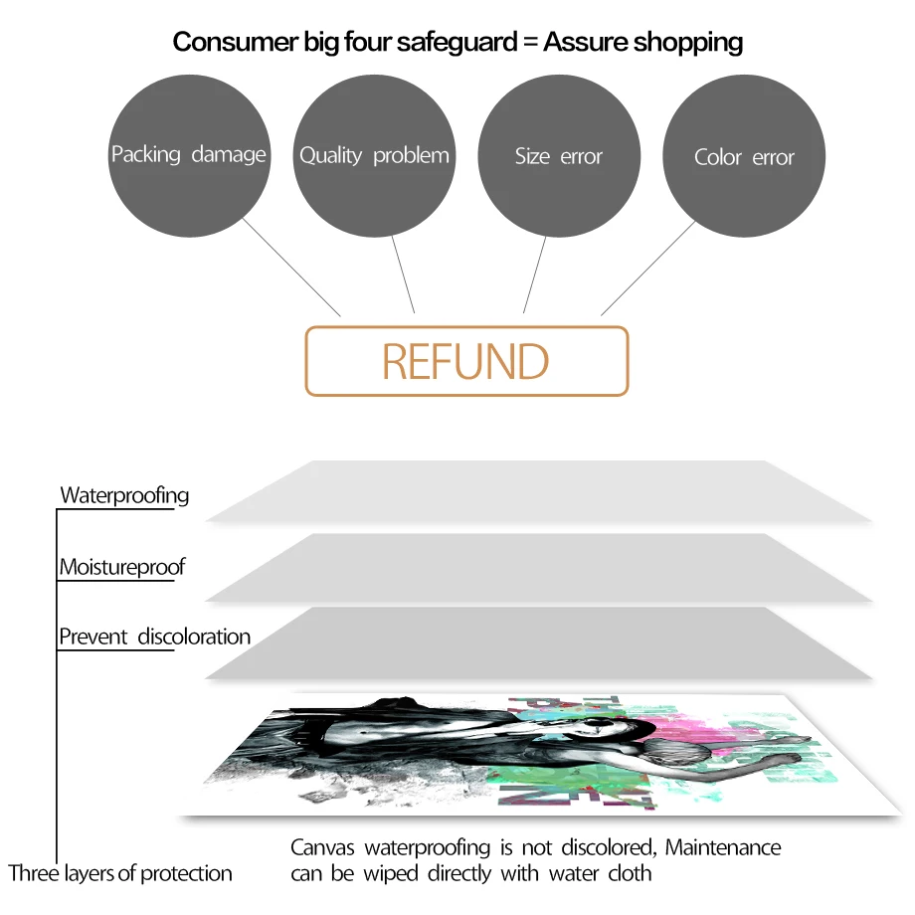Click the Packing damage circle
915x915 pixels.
pos(189,156)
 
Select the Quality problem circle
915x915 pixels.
pos(374,156)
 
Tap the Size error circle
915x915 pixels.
pos(559,156)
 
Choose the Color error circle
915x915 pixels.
pos(744,156)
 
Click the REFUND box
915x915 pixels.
pos(466,361)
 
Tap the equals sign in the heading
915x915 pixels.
pos(530,43)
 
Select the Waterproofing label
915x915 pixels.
pos(125,495)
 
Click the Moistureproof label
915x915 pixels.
pos(122,567)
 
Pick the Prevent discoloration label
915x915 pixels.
pos(154,637)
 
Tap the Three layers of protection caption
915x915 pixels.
pos(120,873)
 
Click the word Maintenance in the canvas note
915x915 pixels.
pos(723,847)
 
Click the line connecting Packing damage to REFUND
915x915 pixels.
pos(291,268)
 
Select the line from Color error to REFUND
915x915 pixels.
pos(648,269)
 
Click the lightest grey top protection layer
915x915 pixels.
pos(539,491)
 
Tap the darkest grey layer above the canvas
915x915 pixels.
pos(539,643)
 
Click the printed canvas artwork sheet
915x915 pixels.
pos(540,755)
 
